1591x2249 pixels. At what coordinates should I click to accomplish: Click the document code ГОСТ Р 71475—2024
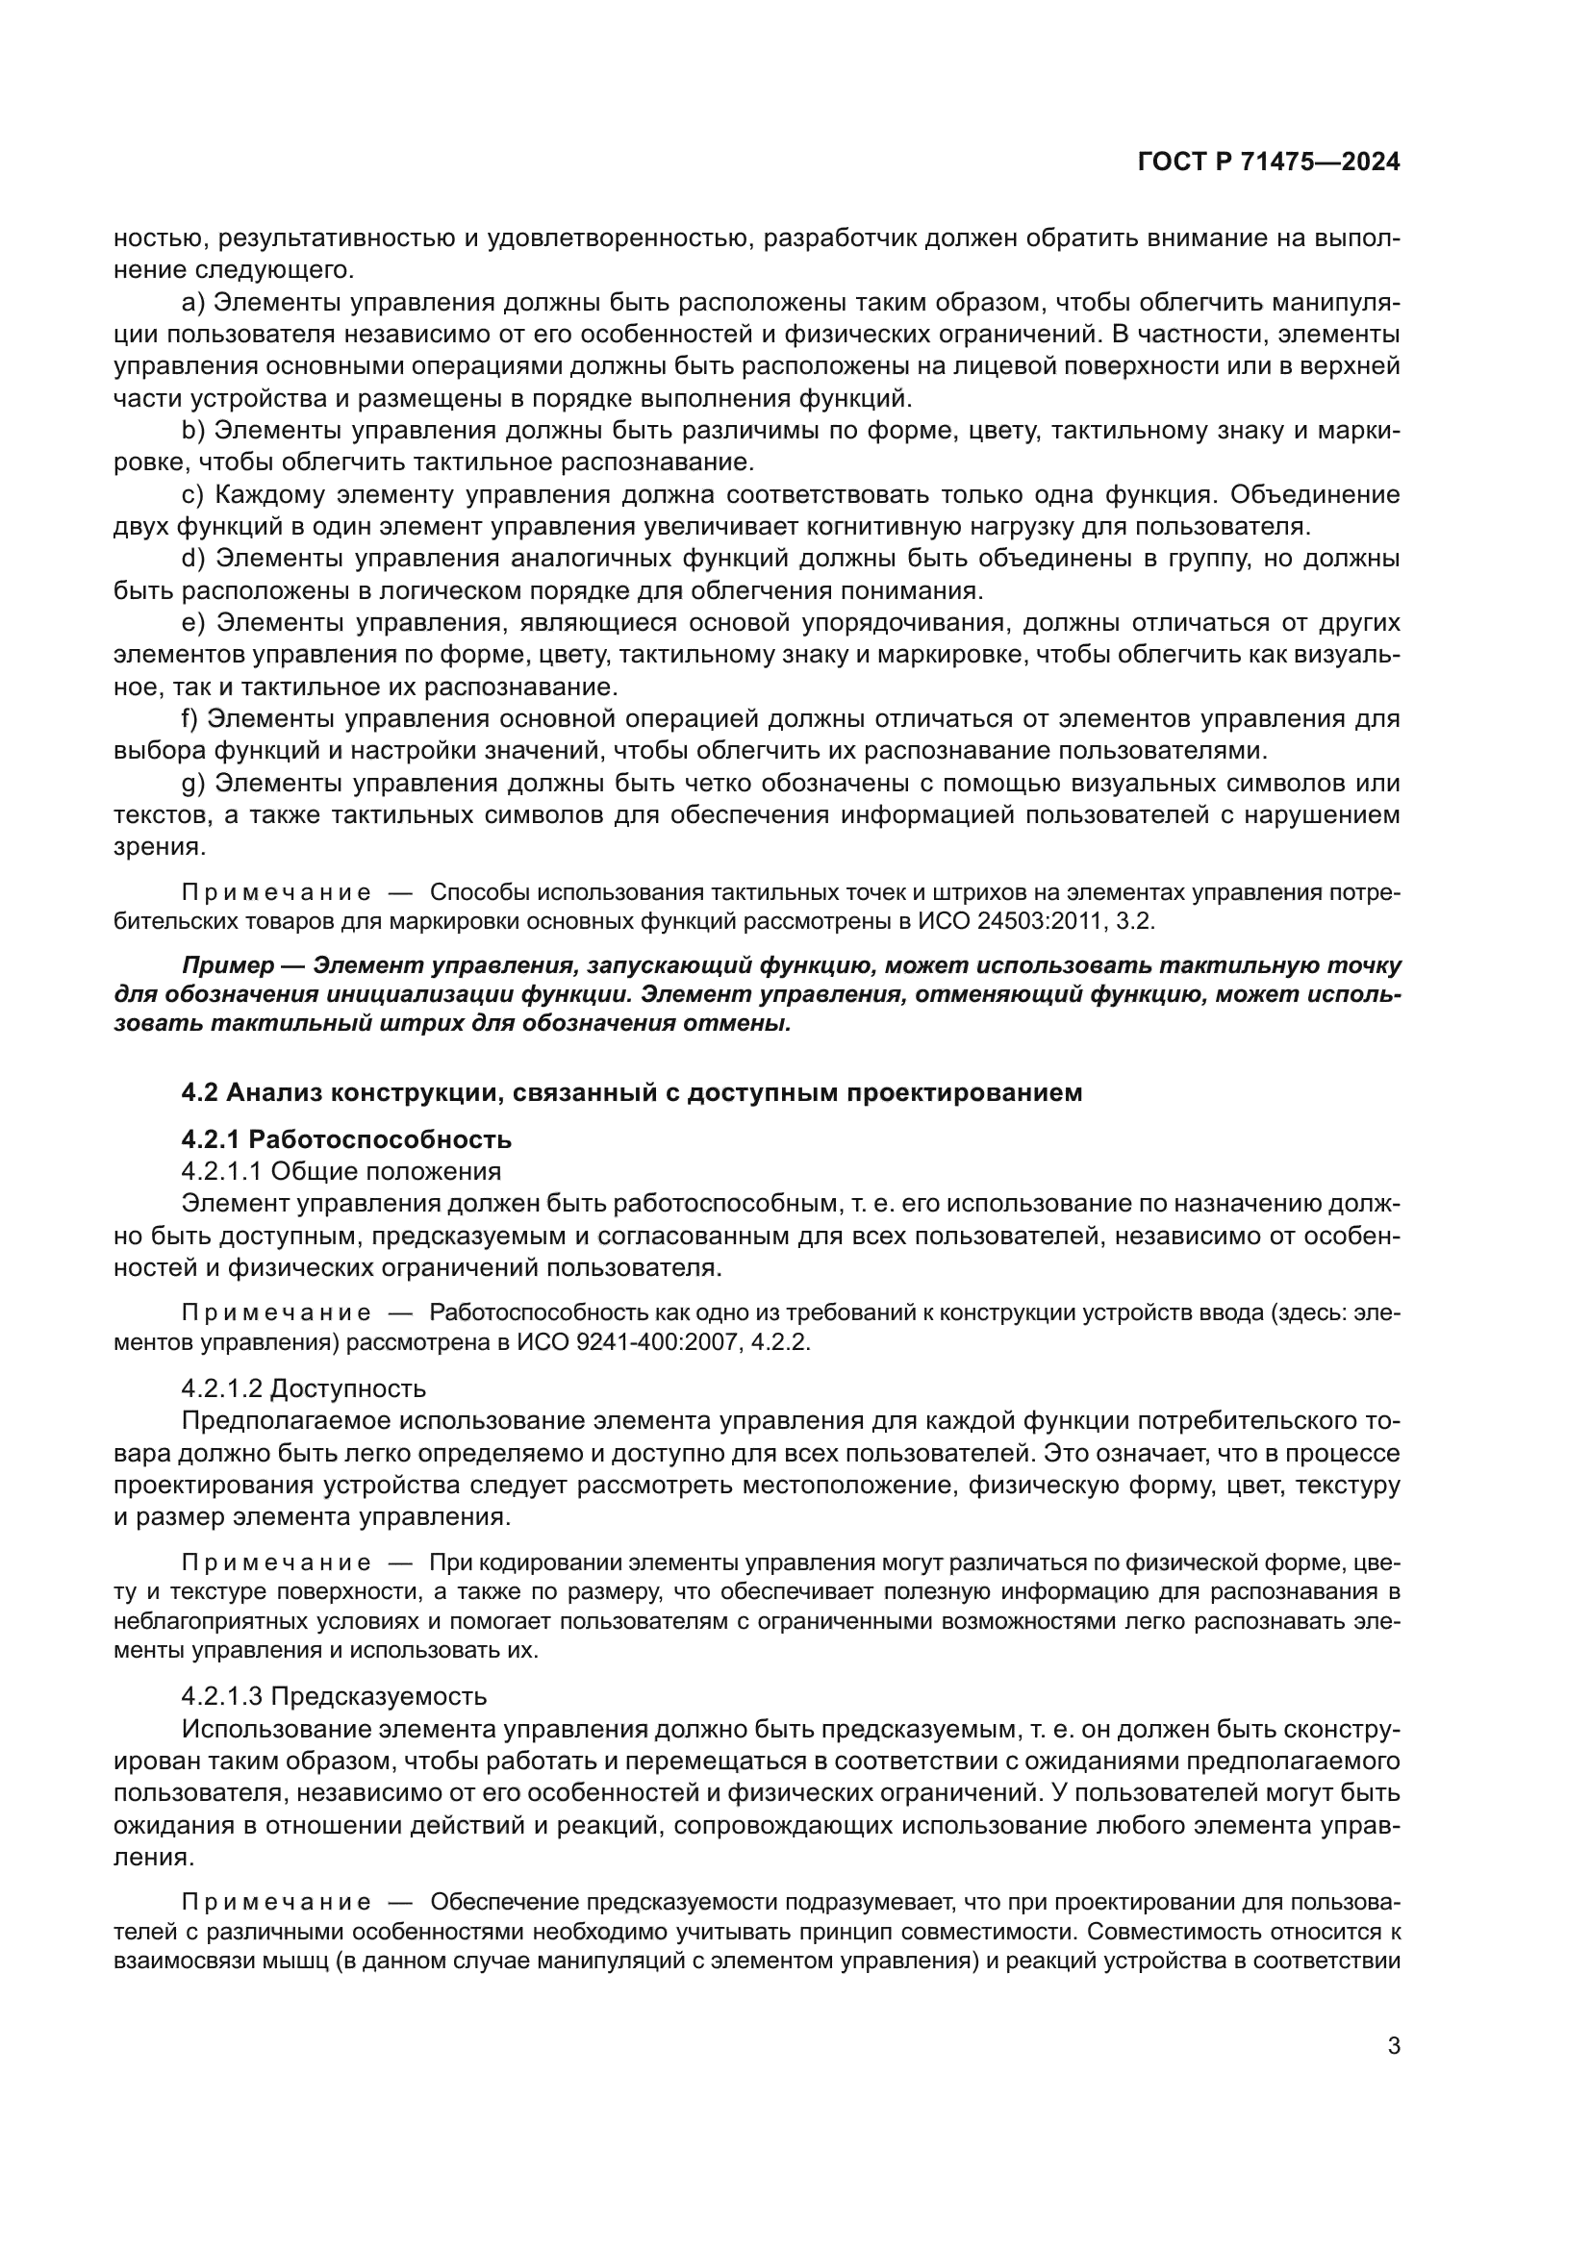click(x=1269, y=162)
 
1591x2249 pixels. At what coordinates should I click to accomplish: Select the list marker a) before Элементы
click(x=193, y=302)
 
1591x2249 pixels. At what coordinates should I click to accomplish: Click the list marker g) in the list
click(x=193, y=783)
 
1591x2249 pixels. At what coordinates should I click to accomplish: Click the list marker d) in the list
click(x=193, y=559)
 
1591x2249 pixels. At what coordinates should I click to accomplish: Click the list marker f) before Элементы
click(x=190, y=718)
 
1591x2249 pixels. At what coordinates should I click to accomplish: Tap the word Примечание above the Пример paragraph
click(x=276, y=892)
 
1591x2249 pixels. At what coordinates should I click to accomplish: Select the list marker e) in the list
click(x=193, y=622)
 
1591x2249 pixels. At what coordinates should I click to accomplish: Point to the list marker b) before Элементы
click(x=193, y=430)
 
